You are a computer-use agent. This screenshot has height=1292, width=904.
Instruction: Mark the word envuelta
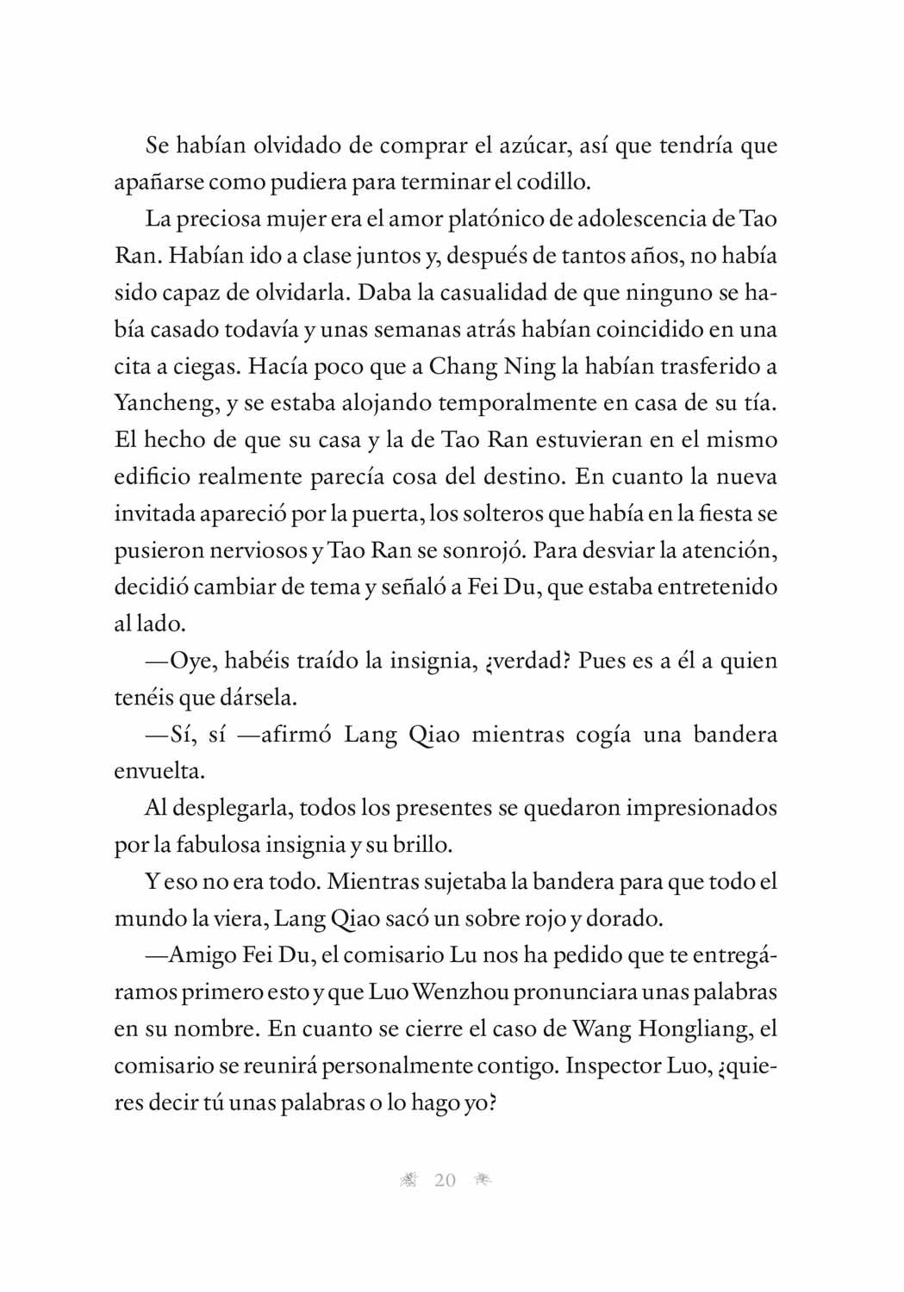pos(159,772)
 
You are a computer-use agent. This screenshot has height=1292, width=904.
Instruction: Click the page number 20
pos(445,1181)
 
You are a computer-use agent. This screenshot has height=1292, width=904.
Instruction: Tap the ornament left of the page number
pos(409,1181)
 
